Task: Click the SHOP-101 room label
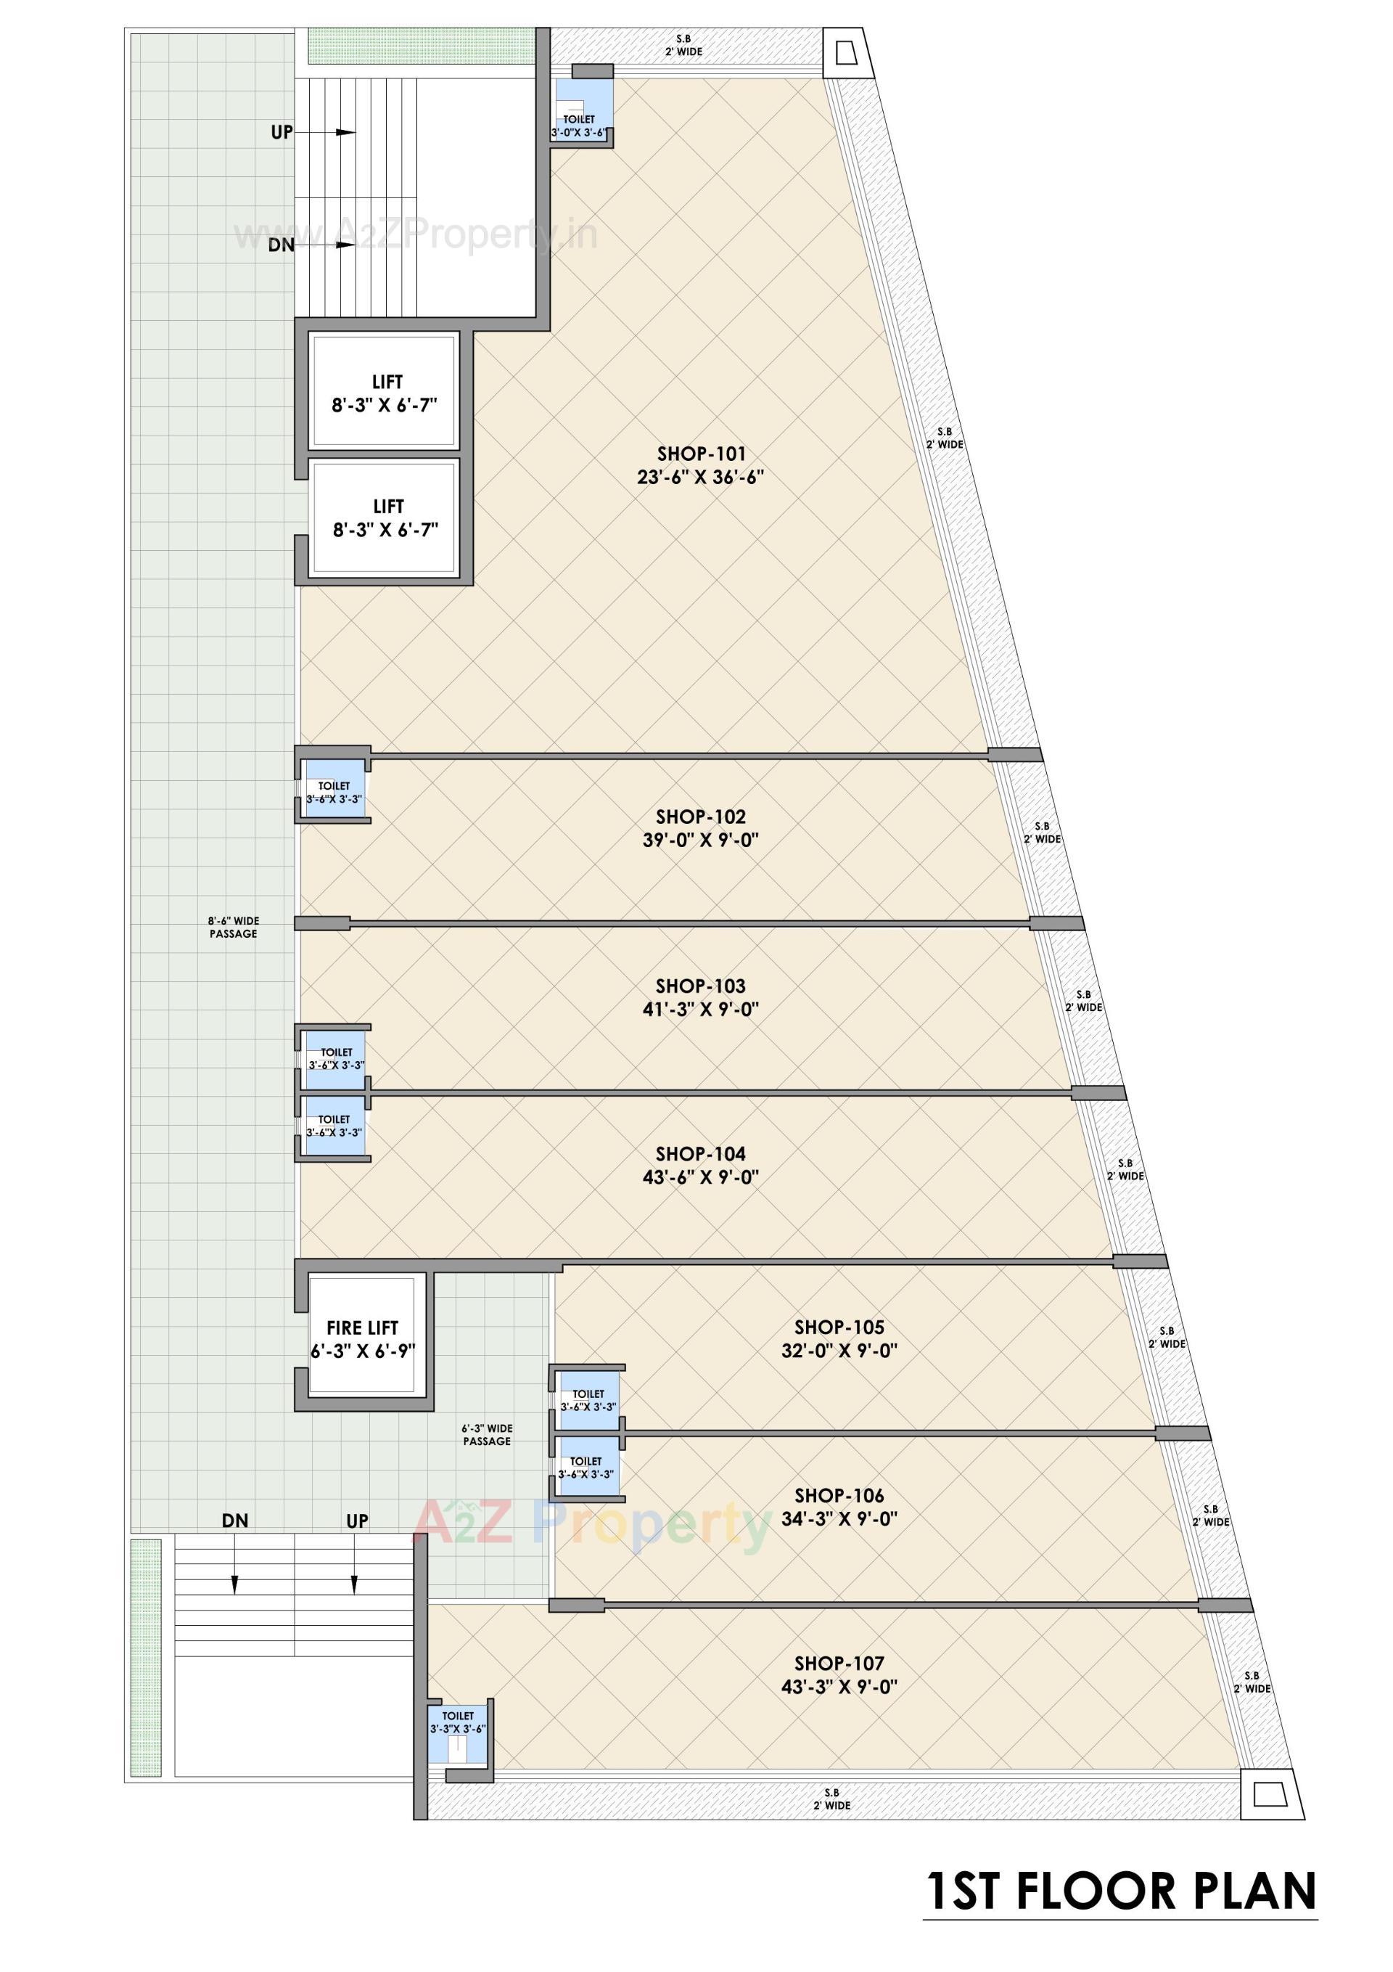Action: pyautogui.click(x=701, y=454)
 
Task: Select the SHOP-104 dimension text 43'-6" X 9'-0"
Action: pyautogui.click(x=701, y=1177)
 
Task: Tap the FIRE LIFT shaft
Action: pyautogui.click(x=364, y=1339)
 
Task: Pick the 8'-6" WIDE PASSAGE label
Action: pyautogui.click(x=233, y=927)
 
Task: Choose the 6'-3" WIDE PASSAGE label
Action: pyautogui.click(x=487, y=1434)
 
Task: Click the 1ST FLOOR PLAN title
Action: pyautogui.click(x=1121, y=1892)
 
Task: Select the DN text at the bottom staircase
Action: pyautogui.click(x=234, y=1521)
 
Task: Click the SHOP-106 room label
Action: pyautogui.click(x=838, y=1496)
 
